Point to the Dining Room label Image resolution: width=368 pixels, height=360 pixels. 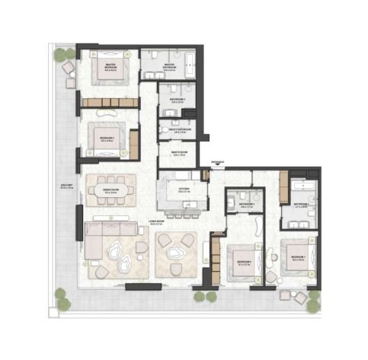111,192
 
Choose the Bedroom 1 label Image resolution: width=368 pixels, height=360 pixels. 298,258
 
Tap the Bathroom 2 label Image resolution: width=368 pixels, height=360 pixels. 245,205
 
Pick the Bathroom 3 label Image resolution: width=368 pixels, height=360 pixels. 180,101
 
